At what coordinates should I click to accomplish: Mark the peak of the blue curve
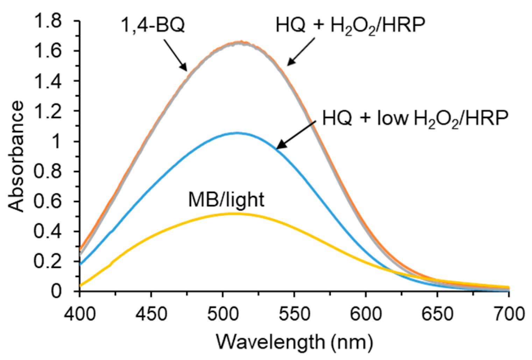click(x=237, y=133)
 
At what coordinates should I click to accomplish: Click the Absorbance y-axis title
click(x=16, y=156)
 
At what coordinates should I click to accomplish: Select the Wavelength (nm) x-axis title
click(x=293, y=341)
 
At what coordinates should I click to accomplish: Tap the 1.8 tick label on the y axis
click(x=51, y=22)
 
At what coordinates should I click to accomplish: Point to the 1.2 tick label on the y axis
click(x=51, y=112)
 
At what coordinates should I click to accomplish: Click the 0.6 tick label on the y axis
click(x=51, y=202)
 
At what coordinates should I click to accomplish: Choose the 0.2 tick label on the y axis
click(x=51, y=262)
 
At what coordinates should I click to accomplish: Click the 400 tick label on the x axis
click(x=80, y=313)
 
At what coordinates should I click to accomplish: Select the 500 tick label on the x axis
click(x=223, y=313)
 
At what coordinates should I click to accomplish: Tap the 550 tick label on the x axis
click(x=294, y=313)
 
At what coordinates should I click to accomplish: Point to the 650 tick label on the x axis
click(x=437, y=313)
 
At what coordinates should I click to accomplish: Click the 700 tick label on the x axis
click(x=508, y=313)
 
